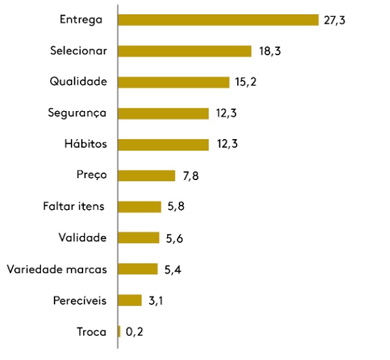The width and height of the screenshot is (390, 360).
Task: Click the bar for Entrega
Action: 218,19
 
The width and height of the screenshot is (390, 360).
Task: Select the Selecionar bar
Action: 185,51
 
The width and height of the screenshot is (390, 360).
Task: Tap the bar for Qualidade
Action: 174,82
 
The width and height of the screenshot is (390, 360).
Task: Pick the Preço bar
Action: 147,175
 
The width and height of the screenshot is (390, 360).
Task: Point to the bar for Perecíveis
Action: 130,300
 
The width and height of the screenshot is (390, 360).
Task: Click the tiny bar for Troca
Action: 120,331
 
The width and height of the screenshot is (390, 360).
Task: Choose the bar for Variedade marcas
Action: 138,269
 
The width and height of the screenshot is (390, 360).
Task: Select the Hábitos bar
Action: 164,144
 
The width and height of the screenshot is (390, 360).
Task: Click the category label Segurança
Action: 77,113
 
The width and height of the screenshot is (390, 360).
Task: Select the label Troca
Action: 91,332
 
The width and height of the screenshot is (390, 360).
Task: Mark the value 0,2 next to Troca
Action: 135,332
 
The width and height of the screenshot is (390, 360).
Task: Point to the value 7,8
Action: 190,176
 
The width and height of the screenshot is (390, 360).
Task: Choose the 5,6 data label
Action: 174,238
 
